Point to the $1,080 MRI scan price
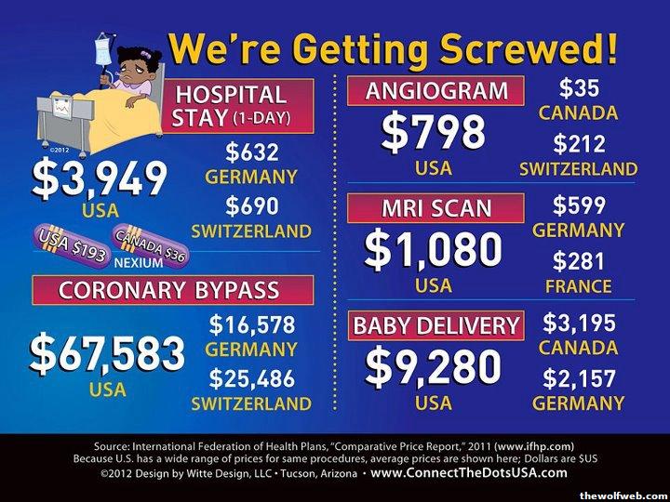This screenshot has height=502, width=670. tap(433, 249)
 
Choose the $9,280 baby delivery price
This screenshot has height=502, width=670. tap(433, 367)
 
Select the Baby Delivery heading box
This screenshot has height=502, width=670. tap(435, 324)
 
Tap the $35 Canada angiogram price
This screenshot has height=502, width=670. tap(578, 89)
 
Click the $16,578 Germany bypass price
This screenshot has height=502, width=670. tap(252, 324)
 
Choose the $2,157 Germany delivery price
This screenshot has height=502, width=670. tap(578, 377)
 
